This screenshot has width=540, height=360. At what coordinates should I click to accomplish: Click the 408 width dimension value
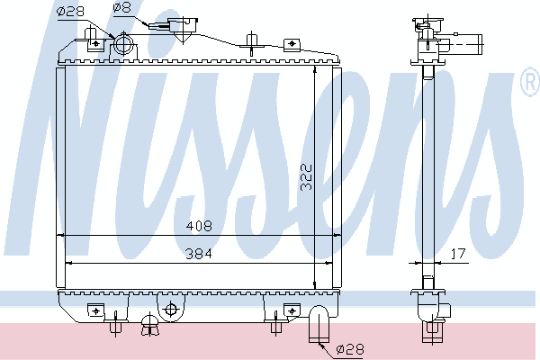pos(199,226)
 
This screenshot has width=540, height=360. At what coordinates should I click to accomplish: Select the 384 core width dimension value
pos(199,254)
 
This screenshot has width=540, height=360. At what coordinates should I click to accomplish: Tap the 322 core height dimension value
pos(306,177)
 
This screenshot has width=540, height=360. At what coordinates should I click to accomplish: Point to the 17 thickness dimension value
pos(458,254)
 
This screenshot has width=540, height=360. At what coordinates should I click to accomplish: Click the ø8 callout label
pos(122,7)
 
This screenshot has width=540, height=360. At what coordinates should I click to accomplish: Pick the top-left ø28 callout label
pos(70,12)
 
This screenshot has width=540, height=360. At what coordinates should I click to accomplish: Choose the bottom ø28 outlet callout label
pos(349,350)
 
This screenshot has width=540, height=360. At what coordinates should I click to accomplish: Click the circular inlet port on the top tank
pos(123,44)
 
